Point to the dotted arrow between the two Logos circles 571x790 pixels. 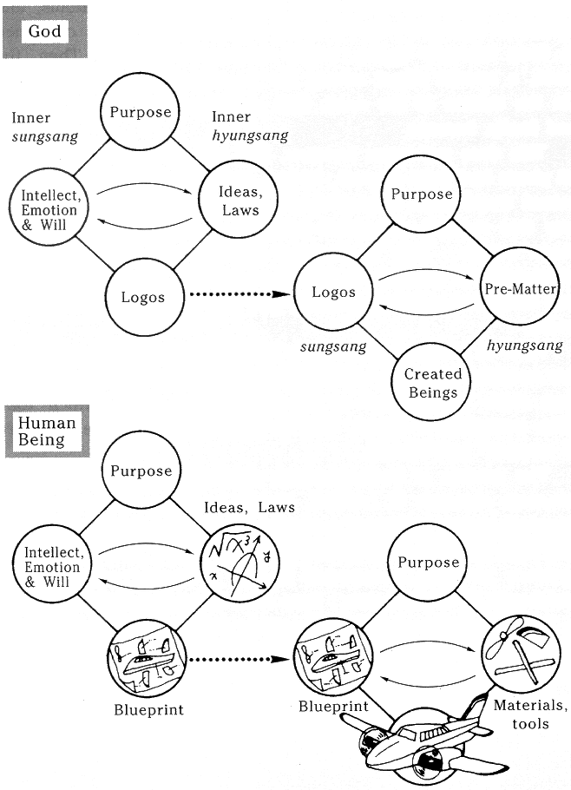click(236, 296)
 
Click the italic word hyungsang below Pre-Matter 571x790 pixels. click(524, 346)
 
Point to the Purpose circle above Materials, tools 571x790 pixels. click(428, 563)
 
